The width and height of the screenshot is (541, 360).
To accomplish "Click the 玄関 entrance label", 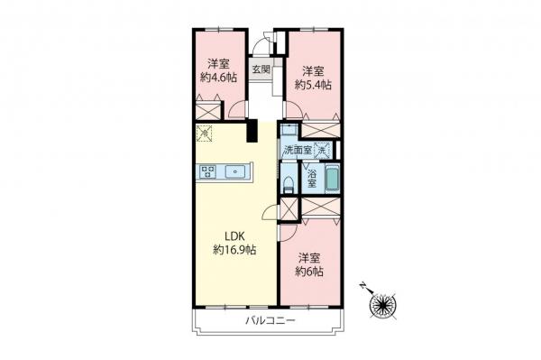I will [261, 69].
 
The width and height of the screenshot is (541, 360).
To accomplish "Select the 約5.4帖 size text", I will [313, 84].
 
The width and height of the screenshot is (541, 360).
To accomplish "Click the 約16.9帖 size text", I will [234, 249].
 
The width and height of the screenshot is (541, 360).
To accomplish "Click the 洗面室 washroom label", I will [297, 150].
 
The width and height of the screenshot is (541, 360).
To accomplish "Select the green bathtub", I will [331, 178].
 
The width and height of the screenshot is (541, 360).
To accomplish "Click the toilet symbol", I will [288, 184].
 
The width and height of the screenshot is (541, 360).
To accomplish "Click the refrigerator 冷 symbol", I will [205, 134].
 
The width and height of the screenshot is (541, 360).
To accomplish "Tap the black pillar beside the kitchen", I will [253, 131].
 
